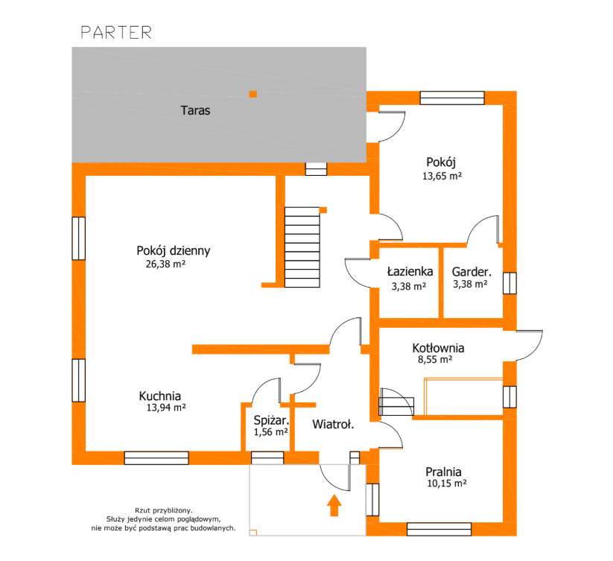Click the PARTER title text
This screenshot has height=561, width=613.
coord(116,33)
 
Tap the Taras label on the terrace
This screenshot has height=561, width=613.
coord(195,111)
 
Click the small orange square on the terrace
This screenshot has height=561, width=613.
coord(253,94)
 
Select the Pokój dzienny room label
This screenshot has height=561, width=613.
coord(174,250)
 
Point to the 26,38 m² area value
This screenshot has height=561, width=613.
coord(165,264)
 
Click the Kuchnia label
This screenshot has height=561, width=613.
coord(160,396)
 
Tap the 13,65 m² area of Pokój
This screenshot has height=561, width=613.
coord(442,176)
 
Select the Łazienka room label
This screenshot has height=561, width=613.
coord(410,271)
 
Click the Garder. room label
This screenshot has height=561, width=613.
coord(471,272)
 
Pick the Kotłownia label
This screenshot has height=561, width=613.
coord(438,348)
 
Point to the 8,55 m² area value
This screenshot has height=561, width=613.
coord(435,360)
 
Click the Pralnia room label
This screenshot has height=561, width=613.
coord(443,472)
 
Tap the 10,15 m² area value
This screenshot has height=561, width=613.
coord(446,484)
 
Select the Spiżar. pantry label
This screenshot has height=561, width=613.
coord(271,421)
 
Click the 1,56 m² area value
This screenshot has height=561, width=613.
coord(271,432)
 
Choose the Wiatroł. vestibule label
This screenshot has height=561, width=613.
coord(333,424)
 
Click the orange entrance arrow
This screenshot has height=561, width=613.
coord(334,505)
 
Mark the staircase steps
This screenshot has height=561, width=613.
coord(302,247)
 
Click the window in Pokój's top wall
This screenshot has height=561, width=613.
coord(452,98)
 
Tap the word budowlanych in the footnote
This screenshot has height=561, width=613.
coord(215,528)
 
